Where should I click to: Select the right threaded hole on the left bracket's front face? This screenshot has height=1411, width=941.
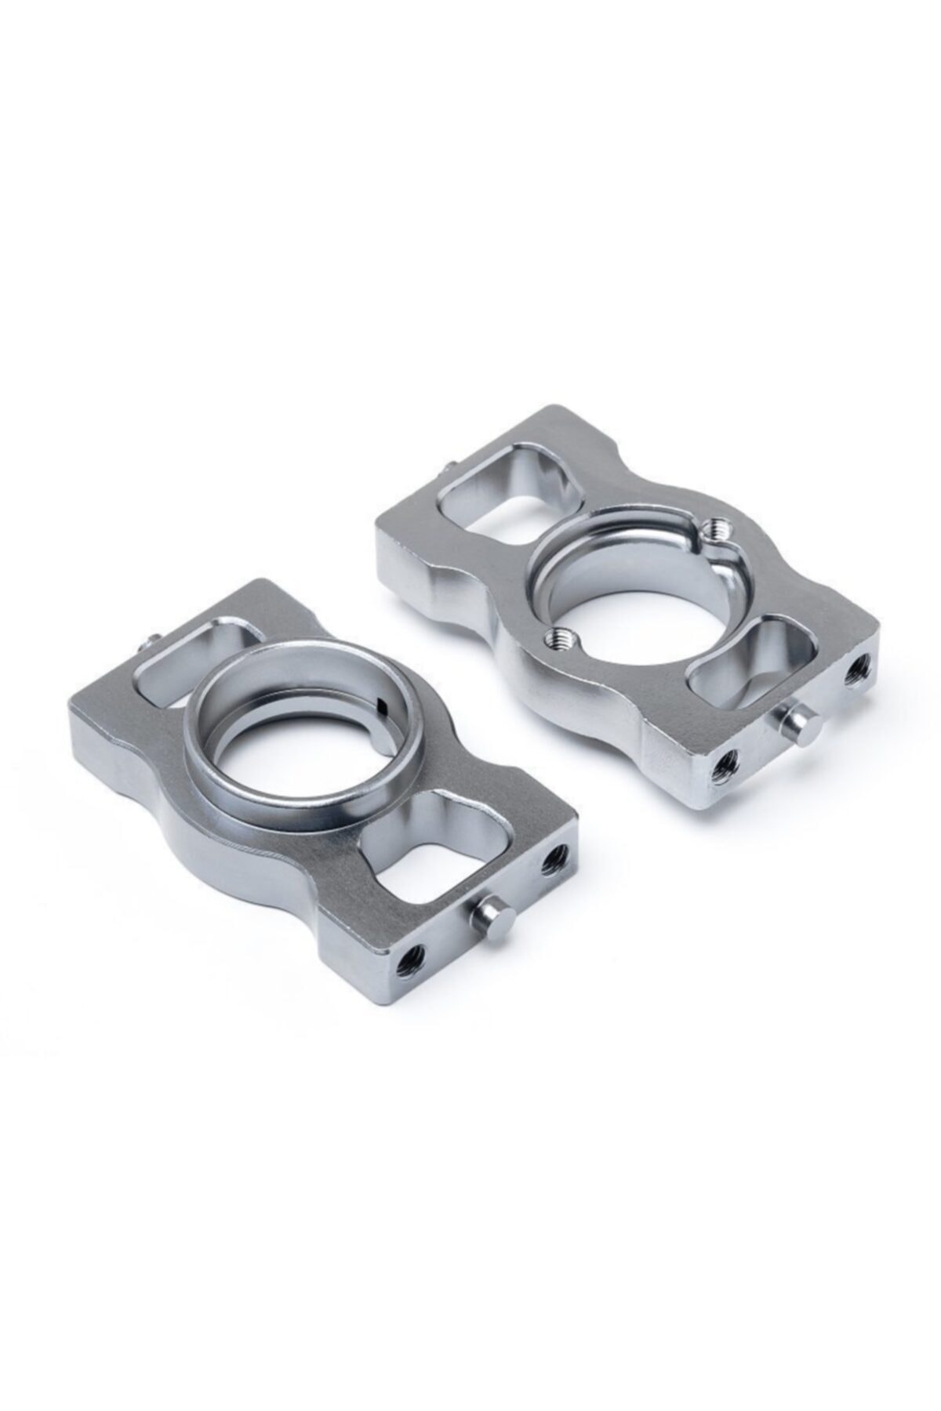[556, 856]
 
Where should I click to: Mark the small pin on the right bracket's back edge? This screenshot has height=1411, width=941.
[445, 469]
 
